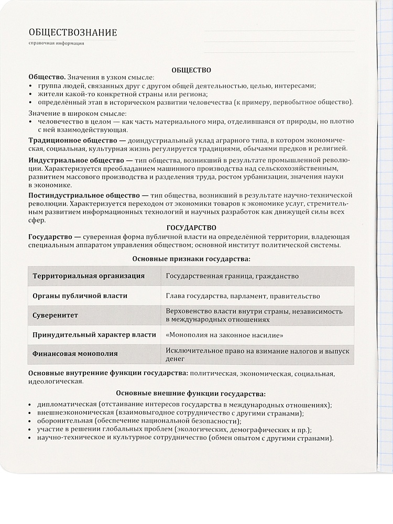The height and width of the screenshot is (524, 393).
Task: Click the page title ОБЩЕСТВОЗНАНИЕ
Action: pos(73,32)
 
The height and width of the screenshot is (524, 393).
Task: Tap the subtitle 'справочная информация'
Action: pos(57,43)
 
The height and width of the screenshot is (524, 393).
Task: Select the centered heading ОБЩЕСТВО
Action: pos(191,69)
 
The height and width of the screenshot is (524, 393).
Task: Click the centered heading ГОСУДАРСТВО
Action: pos(191,227)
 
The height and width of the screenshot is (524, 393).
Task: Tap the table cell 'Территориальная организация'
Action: pos(89,276)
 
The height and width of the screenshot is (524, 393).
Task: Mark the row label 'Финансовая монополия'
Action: pos(75,354)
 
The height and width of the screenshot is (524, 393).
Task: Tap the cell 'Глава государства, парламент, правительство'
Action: pos(243,296)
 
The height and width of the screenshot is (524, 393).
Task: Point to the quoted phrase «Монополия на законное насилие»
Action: pos(225,335)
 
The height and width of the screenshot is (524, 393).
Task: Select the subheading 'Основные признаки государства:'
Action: pos(191,258)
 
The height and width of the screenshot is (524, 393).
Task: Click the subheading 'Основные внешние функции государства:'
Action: pos(191,393)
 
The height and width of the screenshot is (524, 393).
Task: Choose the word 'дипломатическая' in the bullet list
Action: pos(66,405)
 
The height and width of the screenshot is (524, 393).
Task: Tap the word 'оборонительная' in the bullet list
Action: pos(64,421)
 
